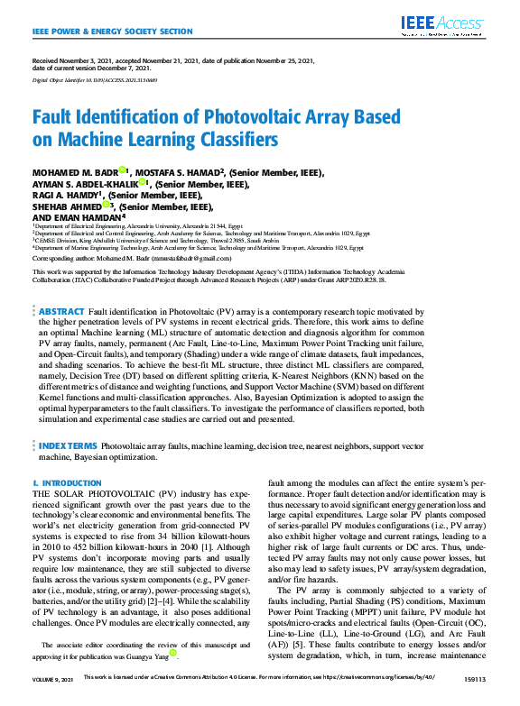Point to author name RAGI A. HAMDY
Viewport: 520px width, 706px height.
click(x=65, y=194)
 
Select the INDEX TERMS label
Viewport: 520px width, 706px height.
click(x=68, y=445)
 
